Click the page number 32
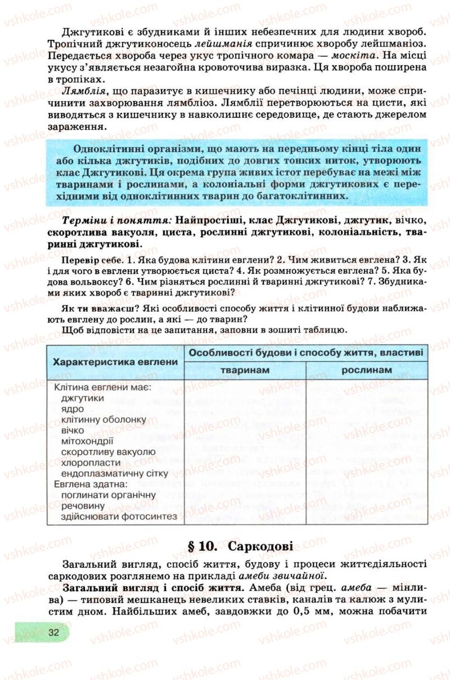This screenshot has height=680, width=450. pyautogui.click(x=54, y=632)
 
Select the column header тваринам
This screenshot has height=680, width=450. pyautogui.click(x=245, y=370)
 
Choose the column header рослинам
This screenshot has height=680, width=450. pyautogui.click(x=366, y=370)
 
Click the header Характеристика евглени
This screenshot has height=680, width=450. pyautogui.click(x=115, y=361)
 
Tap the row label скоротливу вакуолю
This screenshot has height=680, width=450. pyautogui.click(x=108, y=451)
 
